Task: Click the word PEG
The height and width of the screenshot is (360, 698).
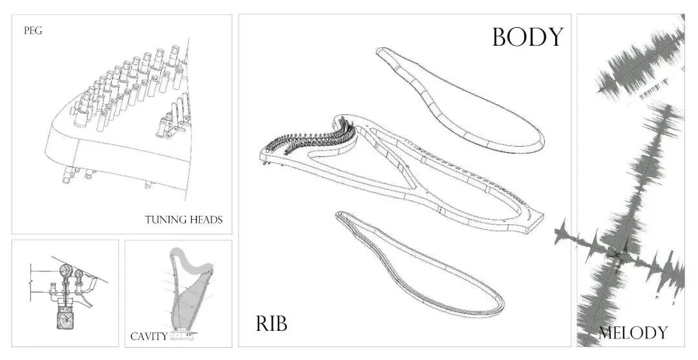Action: pyautogui.click(x=33, y=30)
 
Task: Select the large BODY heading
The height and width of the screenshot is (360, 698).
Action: pyautogui.click(x=527, y=37)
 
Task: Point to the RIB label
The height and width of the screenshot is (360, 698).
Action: pyautogui.click(x=271, y=323)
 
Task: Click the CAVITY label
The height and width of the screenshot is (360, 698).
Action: pyautogui.click(x=149, y=336)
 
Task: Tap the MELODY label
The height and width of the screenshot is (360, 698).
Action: pyautogui.click(x=632, y=333)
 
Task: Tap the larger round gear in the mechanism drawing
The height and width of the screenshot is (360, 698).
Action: pyautogui.click(x=65, y=271)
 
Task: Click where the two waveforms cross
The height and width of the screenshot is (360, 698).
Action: pyautogui.click(x=617, y=255)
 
